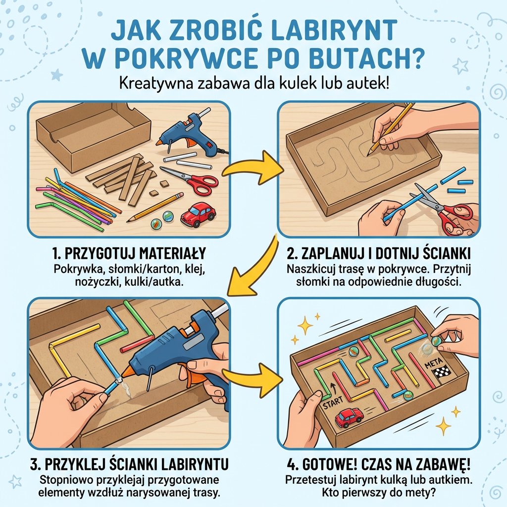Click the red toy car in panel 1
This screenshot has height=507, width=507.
(198, 214)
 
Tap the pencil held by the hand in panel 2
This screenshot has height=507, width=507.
(391, 126)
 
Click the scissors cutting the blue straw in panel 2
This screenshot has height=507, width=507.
(441, 208)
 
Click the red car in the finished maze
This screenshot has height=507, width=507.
(349, 417)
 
